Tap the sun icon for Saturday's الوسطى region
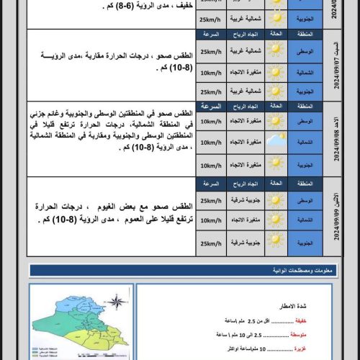[275, 52]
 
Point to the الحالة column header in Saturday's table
[275, 33]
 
